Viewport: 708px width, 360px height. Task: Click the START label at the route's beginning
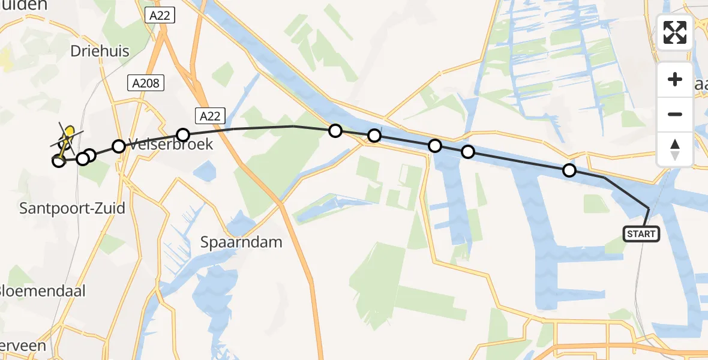[x=641, y=233]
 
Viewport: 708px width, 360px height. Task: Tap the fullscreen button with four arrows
[x=675, y=32]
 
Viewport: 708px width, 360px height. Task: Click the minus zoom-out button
[x=675, y=114]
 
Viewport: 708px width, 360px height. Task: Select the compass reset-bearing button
[x=675, y=149]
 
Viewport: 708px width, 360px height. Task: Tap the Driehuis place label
[x=100, y=52]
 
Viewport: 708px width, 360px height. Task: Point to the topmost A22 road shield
[x=160, y=16]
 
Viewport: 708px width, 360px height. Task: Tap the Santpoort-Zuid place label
[x=72, y=208]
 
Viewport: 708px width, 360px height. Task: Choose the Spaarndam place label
[x=241, y=242]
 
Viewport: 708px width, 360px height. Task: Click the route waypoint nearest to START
[x=569, y=170]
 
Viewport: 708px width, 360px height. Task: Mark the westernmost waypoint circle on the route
[x=59, y=160]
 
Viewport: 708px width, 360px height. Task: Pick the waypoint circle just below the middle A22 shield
[x=183, y=134]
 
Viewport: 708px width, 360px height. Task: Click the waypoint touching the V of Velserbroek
[x=119, y=146]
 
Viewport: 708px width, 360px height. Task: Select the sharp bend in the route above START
[x=648, y=208]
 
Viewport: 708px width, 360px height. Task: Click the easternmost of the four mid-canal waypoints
[x=468, y=152]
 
